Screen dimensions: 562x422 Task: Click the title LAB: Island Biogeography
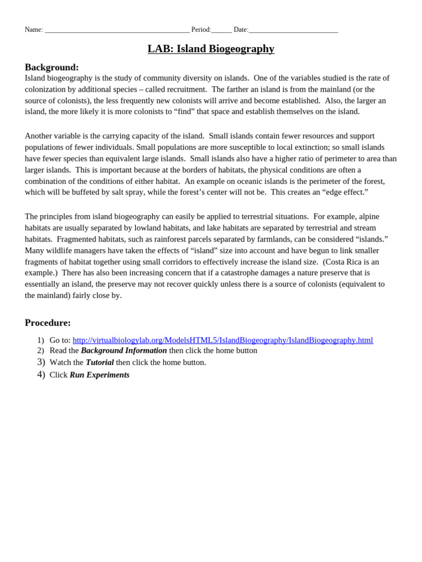click(211, 49)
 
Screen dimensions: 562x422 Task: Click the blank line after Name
click(117, 30)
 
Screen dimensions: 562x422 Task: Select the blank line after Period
click(221, 30)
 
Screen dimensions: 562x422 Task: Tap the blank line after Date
click(293, 30)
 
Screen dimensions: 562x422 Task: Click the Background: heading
click(52, 68)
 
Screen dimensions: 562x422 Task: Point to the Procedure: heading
click(48, 323)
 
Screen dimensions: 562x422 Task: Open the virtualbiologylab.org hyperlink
click(223, 340)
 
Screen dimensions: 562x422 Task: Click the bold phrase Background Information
click(124, 351)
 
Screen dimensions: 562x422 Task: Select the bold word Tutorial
click(99, 363)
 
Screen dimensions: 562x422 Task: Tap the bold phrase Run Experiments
click(99, 375)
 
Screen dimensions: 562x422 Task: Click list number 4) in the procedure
click(41, 375)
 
